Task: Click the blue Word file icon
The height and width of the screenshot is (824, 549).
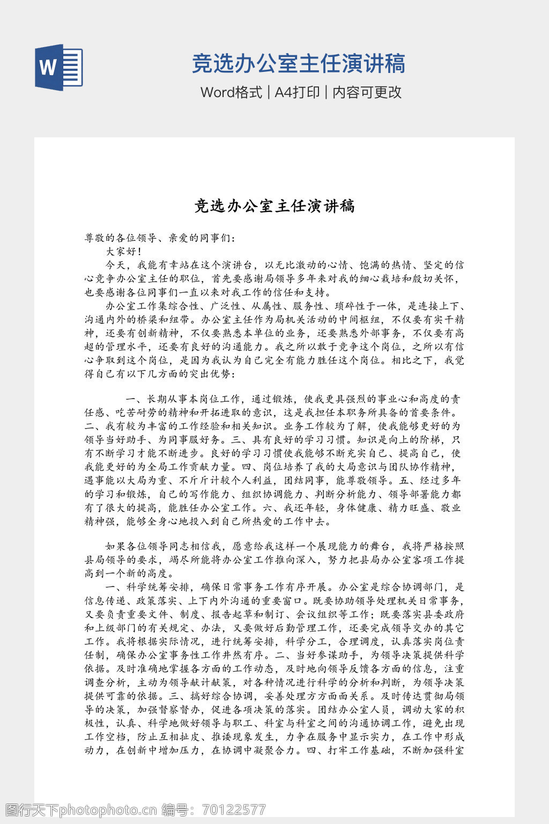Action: [x=58, y=67]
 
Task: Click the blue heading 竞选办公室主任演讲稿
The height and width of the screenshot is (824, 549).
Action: [x=298, y=63]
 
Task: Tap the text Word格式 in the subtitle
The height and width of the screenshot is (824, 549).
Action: [x=231, y=92]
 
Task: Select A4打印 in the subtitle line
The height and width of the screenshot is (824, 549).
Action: [x=297, y=92]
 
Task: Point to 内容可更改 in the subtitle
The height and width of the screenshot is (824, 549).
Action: [x=367, y=92]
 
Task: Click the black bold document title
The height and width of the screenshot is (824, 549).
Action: [x=274, y=206]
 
